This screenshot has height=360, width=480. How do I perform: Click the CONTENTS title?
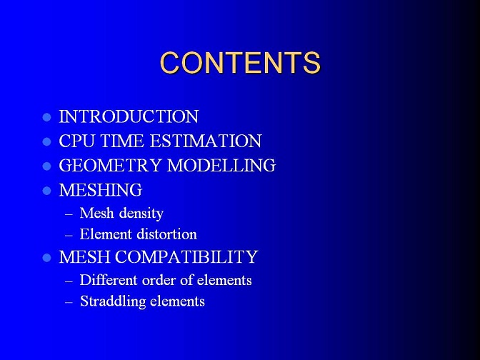(240, 63)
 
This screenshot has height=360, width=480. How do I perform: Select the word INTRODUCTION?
(129, 116)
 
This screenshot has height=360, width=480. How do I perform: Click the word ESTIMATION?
(206, 141)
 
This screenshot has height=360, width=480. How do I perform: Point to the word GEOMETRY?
(110, 165)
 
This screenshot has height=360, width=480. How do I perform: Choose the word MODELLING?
(221, 165)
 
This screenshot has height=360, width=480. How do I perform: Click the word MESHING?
(101, 190)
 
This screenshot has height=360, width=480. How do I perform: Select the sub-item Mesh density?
(121, 213)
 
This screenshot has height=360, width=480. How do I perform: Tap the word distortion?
(167, 234)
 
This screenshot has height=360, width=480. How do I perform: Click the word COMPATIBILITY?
(186, 256)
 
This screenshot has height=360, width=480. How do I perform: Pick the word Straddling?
(113, 301)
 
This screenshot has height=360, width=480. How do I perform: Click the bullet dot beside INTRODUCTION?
(47, 117)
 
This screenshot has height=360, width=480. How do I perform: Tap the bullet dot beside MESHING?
(47, 191)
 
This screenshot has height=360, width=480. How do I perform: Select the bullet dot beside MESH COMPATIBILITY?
(47, 257)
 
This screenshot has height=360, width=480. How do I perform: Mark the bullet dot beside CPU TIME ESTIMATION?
(47, 141)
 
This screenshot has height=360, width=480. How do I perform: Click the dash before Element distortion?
(69, 236)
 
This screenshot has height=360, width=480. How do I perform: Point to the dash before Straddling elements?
(69, 302)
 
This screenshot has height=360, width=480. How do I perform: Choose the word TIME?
(122, 141)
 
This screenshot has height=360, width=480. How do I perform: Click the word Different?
(109, 280)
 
